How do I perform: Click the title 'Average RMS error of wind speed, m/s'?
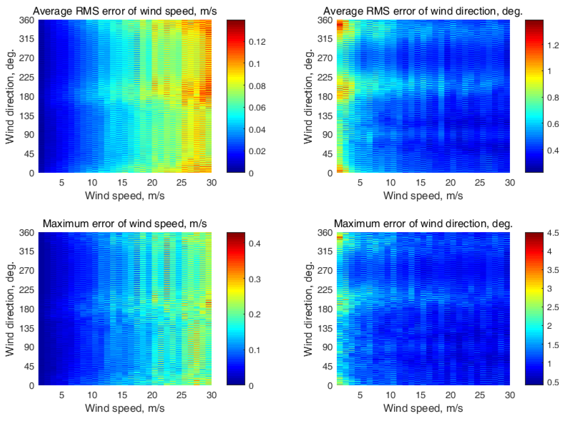click(x=125, y=11)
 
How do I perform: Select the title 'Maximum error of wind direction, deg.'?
click(x=423, y=224)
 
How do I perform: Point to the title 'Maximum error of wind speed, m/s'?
click(x=125, y=224)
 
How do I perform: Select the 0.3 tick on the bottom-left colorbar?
click(x=255, y=279)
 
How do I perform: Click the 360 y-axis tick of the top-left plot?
click(x=27, y=20)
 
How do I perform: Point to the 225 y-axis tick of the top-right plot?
click(x=325, y=77)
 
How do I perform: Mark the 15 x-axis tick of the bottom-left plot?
click(x=122, y=395)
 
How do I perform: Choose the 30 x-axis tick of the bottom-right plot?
click(x=510, y=395)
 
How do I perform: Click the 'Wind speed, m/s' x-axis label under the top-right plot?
click(x=423, y=196)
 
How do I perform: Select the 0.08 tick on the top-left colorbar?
click(x=257, y=86)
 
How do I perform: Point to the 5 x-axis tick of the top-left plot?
click(x=62, y=183)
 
